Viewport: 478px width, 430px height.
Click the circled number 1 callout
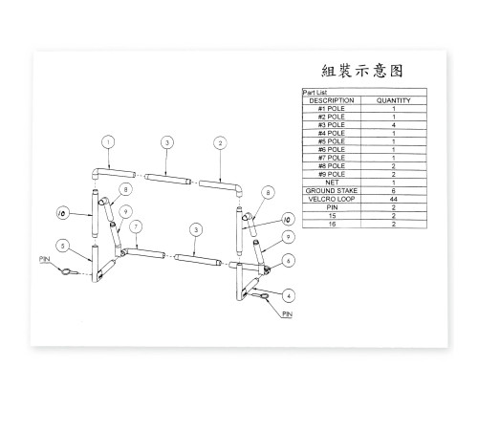click(108, 142)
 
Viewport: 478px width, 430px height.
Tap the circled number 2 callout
click(220, 143)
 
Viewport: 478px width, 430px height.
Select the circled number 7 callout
click(136, 226)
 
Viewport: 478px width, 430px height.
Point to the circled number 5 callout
click(63, 246)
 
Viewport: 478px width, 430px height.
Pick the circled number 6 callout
click(289, 261)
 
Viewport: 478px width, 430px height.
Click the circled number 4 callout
click(289, 295)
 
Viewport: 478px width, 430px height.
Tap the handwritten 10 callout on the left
click(62, 213)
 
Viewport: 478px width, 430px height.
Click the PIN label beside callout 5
click(45, 259)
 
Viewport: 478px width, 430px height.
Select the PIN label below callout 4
click(287, 314)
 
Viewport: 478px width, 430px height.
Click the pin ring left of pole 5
click(66, 271)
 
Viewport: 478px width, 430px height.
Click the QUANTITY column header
click(394, 100)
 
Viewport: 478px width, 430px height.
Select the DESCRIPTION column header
click(332, 100)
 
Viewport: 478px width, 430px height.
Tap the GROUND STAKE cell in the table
click(332, 191)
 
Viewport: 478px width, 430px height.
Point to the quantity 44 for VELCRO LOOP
click(394, 199)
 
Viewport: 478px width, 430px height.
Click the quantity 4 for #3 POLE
click(394, 125)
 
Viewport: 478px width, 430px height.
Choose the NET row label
click(332, 183)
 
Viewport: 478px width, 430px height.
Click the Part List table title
click(315, 92)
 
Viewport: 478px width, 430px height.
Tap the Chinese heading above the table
click(362, 71)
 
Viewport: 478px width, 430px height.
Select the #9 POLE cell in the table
click(332, 174)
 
